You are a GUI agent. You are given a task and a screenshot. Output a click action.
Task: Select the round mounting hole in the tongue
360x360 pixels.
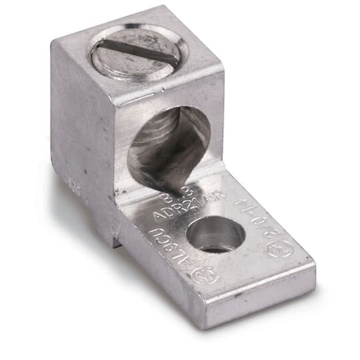pyautogui.click(x=217, y=235)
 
